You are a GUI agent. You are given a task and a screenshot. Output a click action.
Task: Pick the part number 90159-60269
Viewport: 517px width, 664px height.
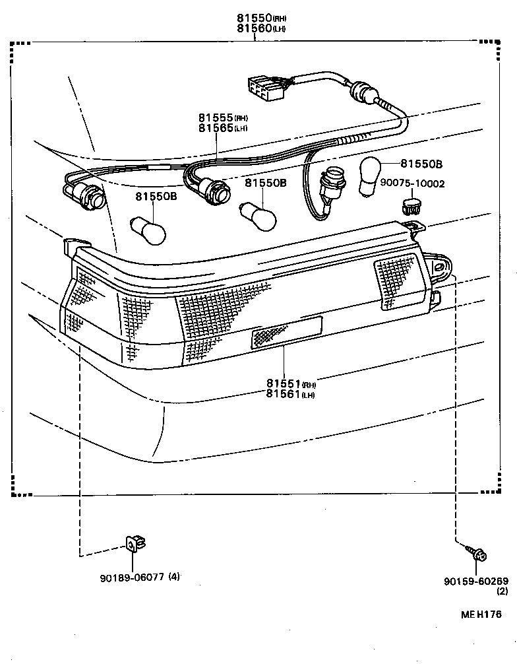(x=476, y=581)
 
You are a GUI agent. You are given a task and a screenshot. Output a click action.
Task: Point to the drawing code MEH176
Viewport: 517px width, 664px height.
(x=481, y=614)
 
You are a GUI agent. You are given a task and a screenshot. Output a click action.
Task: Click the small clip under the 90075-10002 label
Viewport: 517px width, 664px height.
(x=412, y=205)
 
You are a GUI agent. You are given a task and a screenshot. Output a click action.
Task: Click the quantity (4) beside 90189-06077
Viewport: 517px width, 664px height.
(x=173, y=577)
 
